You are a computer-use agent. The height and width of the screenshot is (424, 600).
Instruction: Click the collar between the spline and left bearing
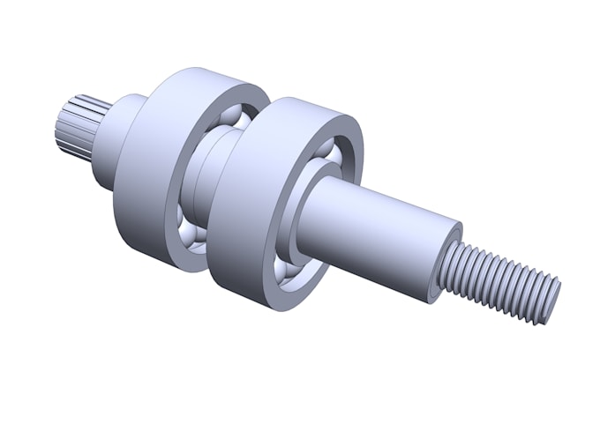(115, 141)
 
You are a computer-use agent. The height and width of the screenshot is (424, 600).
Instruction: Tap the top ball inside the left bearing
(231, 118)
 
